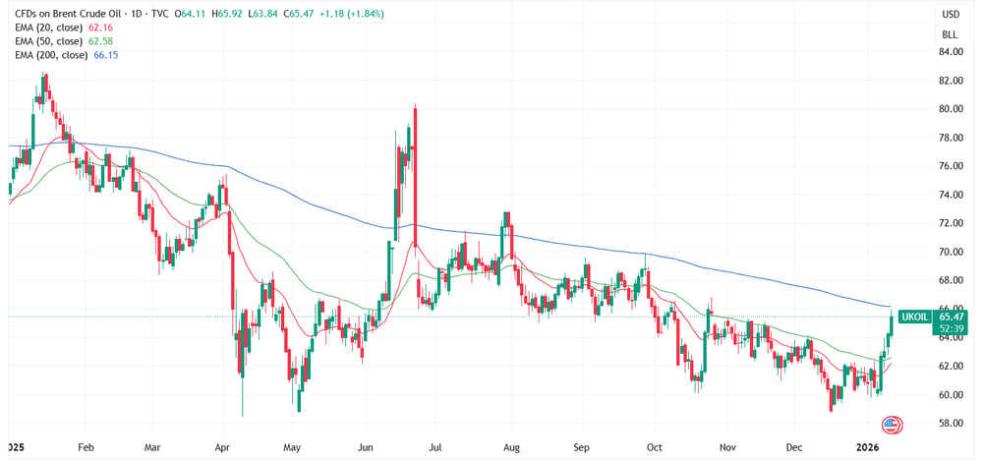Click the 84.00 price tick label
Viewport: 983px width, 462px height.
(x=951, y=52)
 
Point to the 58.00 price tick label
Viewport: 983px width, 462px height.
(x=951, y=423)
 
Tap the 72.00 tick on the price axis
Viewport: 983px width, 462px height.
(x=951, y=223)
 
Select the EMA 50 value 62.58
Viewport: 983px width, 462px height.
(x=96, y=41)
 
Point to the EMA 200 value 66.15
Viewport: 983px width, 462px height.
(x=107, y=55)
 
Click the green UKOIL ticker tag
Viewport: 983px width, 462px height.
(x=915, y=317)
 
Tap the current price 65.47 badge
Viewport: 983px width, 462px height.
(x=951, y=317)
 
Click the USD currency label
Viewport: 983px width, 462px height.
(x=951, y=14)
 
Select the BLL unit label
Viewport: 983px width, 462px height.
(x=951, y=34)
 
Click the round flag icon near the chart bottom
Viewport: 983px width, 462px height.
(x=891, y=426)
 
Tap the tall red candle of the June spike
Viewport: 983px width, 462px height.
(x=415, y=175)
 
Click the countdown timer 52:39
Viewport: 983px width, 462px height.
(x=951, y=328)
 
